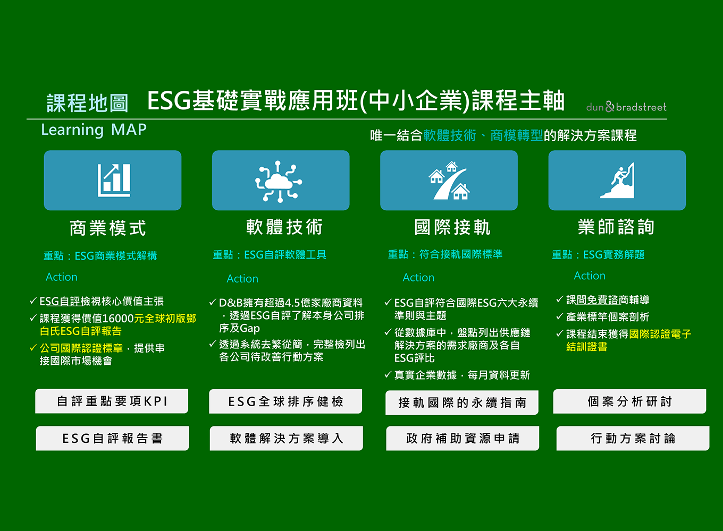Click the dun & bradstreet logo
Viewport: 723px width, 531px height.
[626, 107]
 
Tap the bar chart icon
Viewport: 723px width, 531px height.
[114, 180]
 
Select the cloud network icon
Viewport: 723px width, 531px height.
[279, 182]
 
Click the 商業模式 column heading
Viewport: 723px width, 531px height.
[108, 228]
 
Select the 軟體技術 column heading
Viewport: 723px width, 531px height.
[284, 227]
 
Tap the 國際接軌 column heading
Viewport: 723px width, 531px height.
[452, 227]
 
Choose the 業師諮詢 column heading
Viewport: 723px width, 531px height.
[616, 226]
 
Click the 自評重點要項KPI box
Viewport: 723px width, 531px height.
[112, 401]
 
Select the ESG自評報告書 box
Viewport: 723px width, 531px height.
[112, 438]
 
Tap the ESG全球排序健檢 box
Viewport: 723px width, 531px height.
[285, 401]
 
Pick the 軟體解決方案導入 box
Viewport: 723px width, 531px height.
[287, 438]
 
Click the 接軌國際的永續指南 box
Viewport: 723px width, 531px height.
[462, 402]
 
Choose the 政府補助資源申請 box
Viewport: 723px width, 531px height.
[463, 438]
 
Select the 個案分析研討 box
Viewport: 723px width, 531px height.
[630, 401]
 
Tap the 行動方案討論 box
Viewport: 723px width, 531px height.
[633, 438]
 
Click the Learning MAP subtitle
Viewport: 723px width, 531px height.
[94, 130]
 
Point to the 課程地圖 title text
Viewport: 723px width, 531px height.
[88, 103]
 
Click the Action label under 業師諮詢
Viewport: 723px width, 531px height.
[590, 276]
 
